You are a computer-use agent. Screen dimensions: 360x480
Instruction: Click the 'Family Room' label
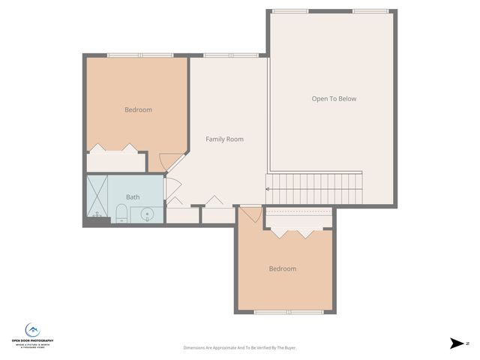click(x=224, y=139)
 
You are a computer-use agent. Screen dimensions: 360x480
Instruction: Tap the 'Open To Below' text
click(x=334, y=99)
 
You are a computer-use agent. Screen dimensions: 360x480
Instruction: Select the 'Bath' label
click(x=133, y=197)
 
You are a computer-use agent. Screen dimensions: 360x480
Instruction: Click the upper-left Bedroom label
click(x=138, y=109)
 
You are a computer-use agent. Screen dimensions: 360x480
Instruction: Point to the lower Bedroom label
click(x=283, y=268)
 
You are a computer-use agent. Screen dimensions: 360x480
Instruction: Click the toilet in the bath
click(x=121, y=214)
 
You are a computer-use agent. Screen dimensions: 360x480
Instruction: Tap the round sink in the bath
click(x=148, y=214)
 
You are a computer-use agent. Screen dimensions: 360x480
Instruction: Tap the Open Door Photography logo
click(x=32, y=331)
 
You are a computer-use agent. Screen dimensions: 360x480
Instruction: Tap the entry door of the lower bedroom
click(x=251, y=214)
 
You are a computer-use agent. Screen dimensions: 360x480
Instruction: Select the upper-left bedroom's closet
click(x=116, y=161)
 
